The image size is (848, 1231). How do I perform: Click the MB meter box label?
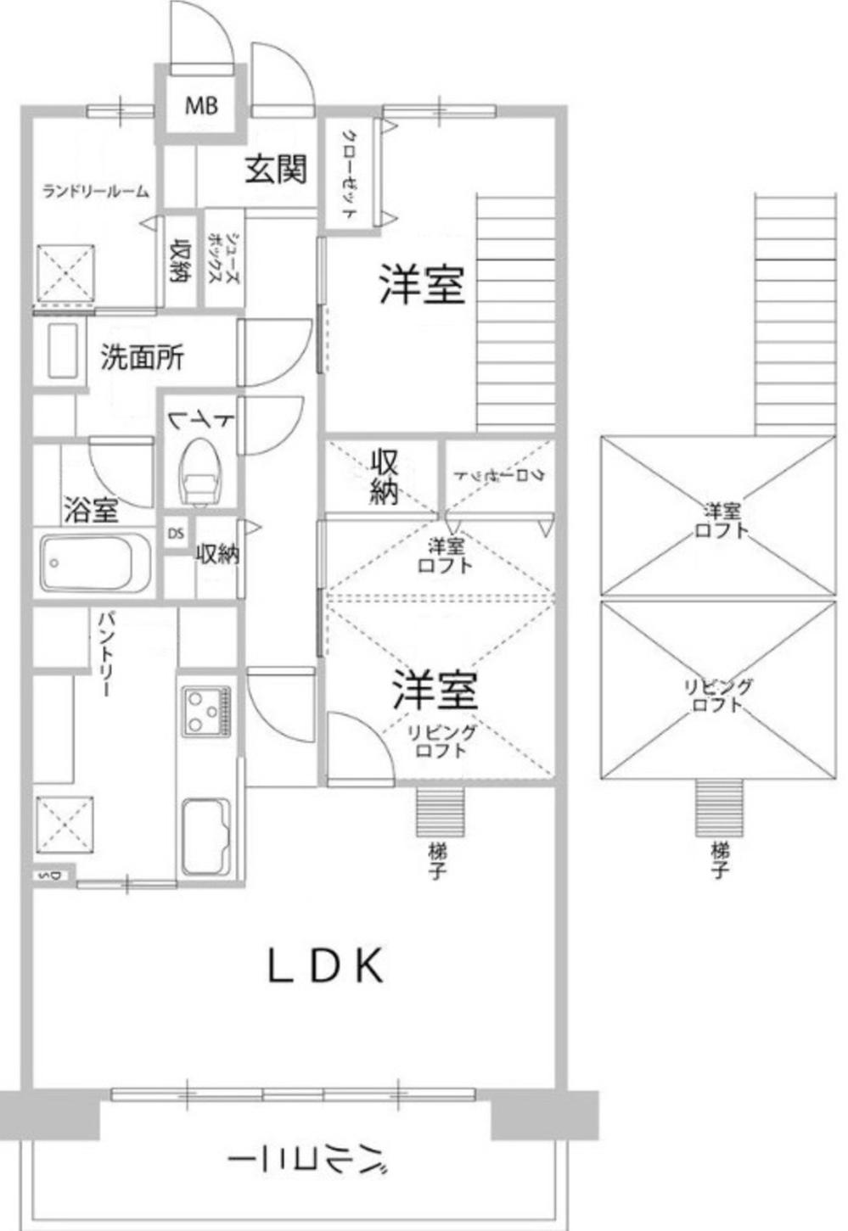[202, 105]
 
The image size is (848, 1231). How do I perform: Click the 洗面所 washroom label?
[142, 358]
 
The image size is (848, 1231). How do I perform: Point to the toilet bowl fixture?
[200, 472]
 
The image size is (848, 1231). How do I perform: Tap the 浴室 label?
[91, 511]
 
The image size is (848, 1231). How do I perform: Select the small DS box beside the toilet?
[176, 534]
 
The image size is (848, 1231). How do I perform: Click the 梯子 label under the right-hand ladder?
[720, 859]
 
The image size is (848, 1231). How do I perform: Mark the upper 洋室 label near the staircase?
[421, 284]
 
